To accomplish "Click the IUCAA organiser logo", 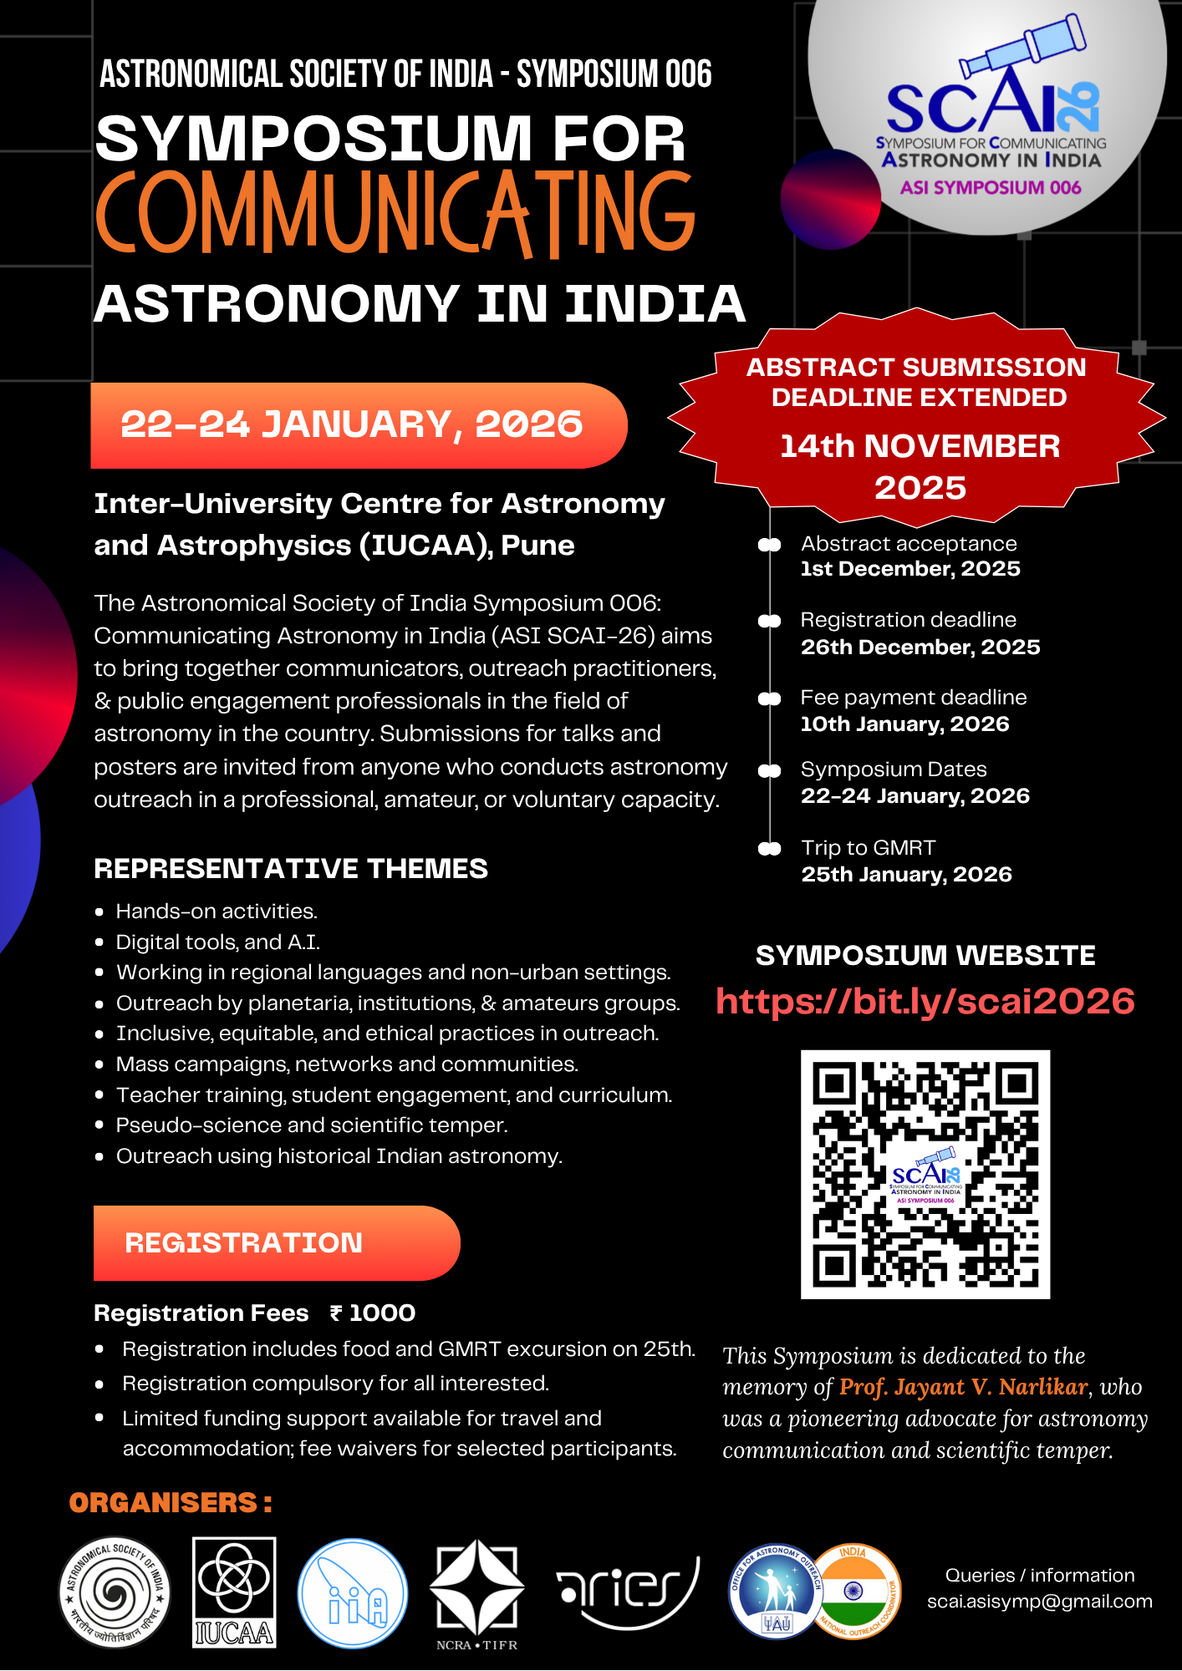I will point(234,1592).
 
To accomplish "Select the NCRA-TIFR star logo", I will point(476,1587).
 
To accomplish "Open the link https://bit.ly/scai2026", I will point(925,1001).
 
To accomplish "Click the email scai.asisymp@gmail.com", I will point(1039,1601).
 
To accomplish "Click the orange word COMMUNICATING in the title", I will point(395,213).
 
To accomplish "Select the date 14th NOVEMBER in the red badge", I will point(920,446).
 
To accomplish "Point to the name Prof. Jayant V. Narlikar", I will point(963,1387).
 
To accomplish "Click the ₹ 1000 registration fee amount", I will point(374,1313).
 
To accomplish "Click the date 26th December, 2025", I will point(920,647).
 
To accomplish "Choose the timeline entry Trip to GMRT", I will point(868,847).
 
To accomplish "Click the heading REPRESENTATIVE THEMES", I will point(291,868).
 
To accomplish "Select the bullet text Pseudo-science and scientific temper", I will point(311,1125).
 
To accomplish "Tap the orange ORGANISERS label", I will point(171,1502).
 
